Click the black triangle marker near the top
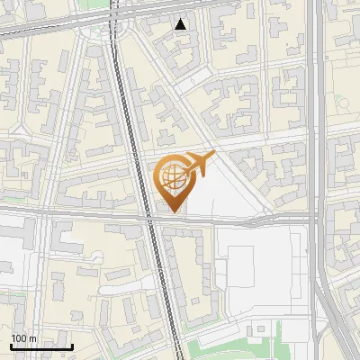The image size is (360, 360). (181, 24)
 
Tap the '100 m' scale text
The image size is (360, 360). (23, 338)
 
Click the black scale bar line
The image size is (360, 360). (41, 346)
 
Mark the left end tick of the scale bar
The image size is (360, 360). (11, 345)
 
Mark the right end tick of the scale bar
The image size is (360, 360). (72, 345)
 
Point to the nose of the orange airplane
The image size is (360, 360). (214, 157)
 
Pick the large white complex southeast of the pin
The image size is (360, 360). (261, 270)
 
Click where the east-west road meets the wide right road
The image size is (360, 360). (316, 218)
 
